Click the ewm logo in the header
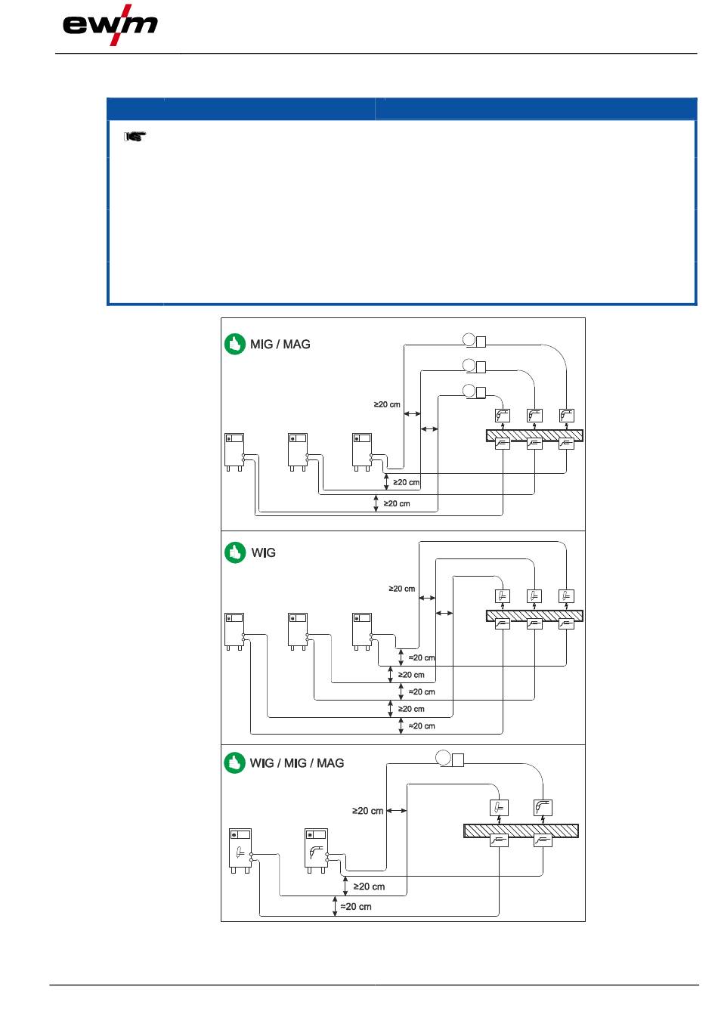[110, 25]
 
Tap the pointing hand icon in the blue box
[135, 136]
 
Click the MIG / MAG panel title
[280, 344]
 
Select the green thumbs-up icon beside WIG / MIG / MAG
[234, 763]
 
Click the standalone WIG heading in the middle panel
[263, 552]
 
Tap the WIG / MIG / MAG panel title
[296, 763]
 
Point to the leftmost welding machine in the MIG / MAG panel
[234, 452]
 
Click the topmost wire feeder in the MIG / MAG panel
[474, 341]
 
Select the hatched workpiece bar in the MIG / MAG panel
[534, 435]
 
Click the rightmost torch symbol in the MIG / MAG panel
[566, 416]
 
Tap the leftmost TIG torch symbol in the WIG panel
[503, 596]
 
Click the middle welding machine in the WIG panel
[298, 631]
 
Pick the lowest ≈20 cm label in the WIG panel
[422, 725]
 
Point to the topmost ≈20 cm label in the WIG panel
[422, 657]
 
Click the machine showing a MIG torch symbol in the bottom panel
[317, 850]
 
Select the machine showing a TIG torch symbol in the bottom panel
[240, 850]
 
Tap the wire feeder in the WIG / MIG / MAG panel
[450, 759]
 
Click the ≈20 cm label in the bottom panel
[356, 906]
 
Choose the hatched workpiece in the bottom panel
[521, 831]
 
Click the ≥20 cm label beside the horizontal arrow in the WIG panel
[401, 588]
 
